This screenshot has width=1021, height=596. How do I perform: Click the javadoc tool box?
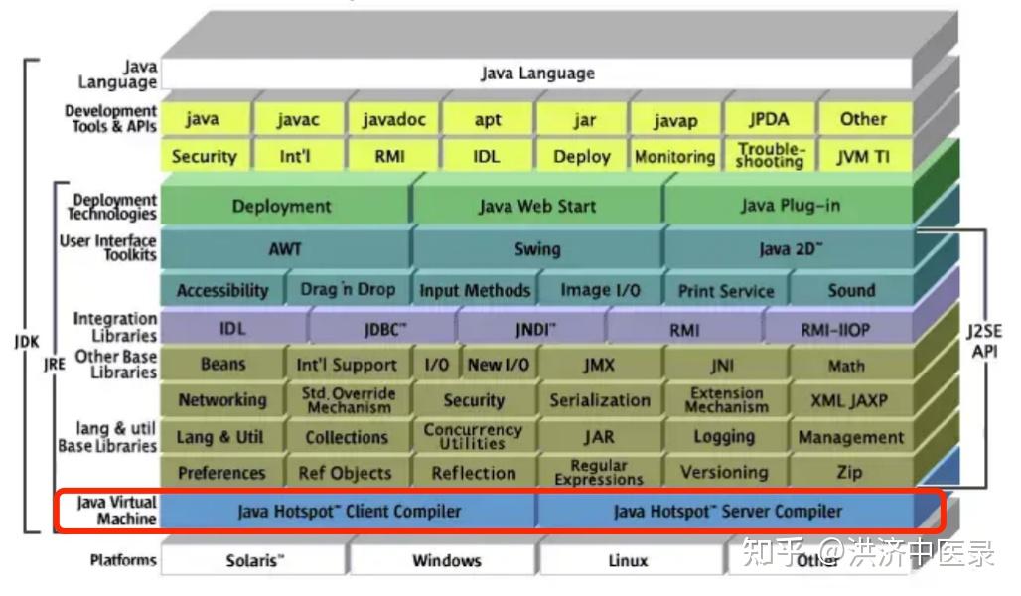[x=393, y=119]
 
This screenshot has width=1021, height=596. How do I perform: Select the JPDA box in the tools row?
[x=769, y=119]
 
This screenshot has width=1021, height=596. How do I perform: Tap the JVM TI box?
[x=863, y=156]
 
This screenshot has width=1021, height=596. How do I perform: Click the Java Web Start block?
[x=536, y=207]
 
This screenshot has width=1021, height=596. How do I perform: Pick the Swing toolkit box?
[x=536, y=249]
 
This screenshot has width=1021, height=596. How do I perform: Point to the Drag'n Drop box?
[x=347, y=290]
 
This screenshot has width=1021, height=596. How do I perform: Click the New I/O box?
[x=498, y=365]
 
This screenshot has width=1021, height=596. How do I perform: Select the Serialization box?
[x=599, y=400]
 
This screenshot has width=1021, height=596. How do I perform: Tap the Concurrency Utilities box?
[x=473, y=436]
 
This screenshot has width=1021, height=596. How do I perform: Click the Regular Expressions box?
[x=599, y=472]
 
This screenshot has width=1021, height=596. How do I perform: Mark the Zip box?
[x=849, y=472]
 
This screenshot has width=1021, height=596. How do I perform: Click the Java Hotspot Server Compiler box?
[x=727, y=512]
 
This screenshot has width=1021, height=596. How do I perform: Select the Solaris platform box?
[x=254, y=560]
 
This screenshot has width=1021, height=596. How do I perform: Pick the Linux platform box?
[x=628, y=560]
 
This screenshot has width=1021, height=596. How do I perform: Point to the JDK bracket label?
[x=27, y=341]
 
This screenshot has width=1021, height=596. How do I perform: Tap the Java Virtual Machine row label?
[x=118, y=511]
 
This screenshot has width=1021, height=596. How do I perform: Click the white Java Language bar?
[x=536, y=74]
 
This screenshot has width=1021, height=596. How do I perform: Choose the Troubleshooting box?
[x=770, y=156]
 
